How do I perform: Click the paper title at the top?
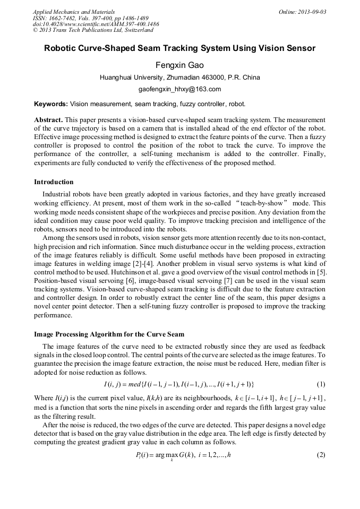(179, 48)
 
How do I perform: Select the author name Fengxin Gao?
(179, 65)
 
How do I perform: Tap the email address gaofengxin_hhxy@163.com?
(179, 89)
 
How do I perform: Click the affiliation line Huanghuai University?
(179, 77)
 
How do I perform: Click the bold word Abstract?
(48, 120)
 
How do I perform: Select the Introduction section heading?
(54, 182)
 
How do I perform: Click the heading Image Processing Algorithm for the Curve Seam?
(109, 334)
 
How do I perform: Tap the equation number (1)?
(321, 384)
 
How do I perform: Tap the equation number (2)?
(321, 455)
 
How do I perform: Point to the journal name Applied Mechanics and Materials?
(73, 12)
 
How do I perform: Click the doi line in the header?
(96, 24)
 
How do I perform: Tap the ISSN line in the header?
(90, 18)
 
